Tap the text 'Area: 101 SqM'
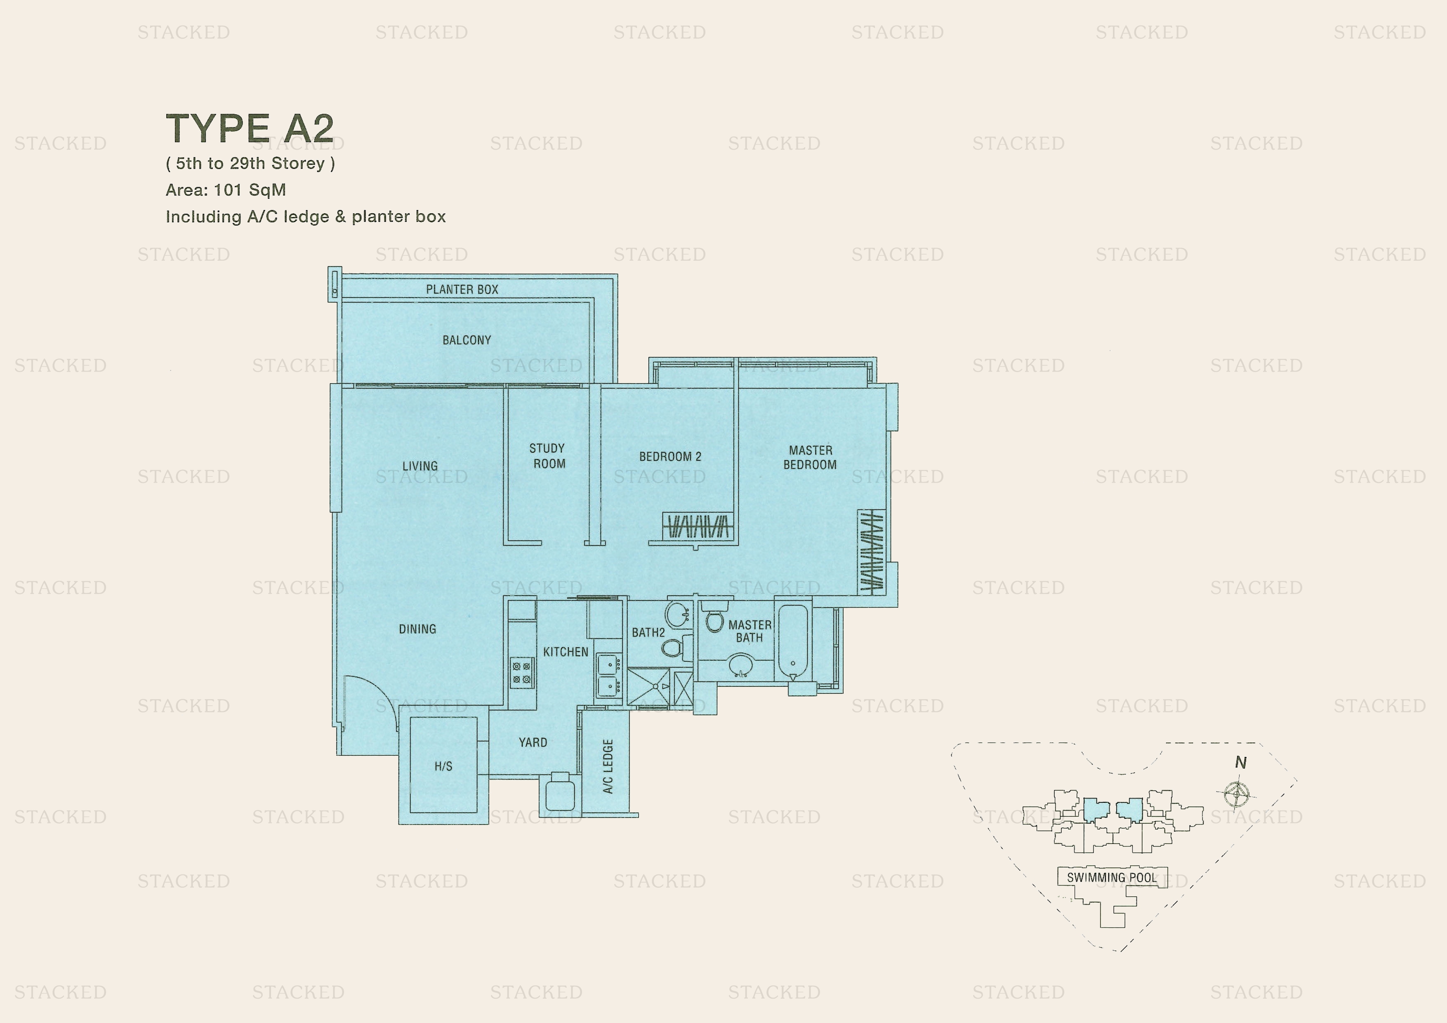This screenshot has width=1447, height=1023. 226,190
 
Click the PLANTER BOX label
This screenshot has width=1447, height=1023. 462,289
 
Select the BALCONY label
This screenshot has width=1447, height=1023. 467,340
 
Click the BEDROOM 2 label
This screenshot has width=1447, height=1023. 670,456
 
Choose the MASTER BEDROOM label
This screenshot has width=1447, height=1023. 810,457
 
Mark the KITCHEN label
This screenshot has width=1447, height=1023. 566,652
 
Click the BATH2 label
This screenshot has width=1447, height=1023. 648,632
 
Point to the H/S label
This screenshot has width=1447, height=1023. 443,766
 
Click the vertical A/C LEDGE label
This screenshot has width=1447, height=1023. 608,766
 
